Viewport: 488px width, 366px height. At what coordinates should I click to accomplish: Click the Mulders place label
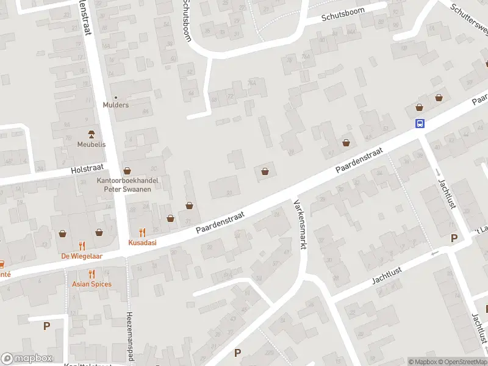tap(116, 105)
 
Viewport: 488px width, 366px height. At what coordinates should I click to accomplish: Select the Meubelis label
tap(91, 145)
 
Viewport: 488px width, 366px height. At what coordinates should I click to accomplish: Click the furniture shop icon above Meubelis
tap(91, 134)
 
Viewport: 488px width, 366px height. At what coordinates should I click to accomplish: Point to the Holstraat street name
tap(87, 170)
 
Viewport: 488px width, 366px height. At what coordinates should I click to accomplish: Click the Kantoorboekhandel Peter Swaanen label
tap(127, 185)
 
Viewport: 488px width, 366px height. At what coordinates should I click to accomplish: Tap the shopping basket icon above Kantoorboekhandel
tap(127, 171)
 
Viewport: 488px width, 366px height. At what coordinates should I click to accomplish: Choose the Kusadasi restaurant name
tap(142, 243)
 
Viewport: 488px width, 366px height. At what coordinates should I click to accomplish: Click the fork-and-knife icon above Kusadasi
tap(142, 232)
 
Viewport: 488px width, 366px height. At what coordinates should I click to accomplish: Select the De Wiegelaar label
tap(82, 256)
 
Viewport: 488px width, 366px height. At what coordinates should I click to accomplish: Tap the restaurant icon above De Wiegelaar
tap(82, 246)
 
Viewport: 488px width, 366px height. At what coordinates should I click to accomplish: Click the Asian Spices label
tap(91, 284)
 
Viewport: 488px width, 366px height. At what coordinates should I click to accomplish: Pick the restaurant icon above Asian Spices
tap(91, 274)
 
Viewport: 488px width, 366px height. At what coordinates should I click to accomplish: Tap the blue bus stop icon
tap(420, 123)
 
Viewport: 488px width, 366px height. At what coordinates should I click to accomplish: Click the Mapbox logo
tap(27, 359)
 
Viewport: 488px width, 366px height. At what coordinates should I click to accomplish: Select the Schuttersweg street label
tap(470, 18)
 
